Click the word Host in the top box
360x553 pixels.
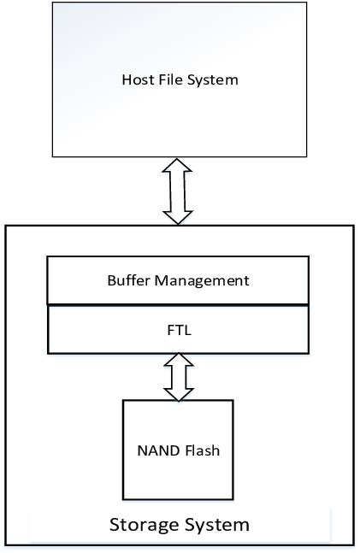(136, 80)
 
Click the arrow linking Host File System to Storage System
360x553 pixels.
(178, 191)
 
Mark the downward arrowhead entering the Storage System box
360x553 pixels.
(178, 216)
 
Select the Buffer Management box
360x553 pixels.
(178, 280)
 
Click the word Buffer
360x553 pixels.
(128, 280)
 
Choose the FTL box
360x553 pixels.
(178, 330)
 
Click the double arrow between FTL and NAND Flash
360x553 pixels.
(179, 377)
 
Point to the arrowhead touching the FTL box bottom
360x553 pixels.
(179, 361)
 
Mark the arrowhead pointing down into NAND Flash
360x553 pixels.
(179, 394)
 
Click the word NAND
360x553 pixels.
(156, 450)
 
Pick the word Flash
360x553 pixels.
(202, 450)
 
